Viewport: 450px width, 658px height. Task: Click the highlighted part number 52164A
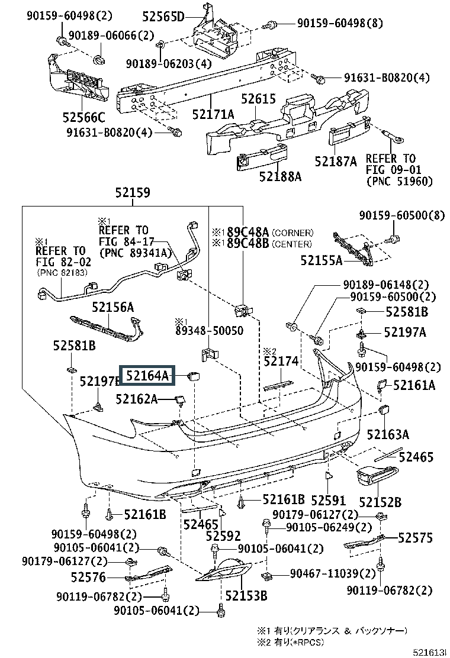click(147, 375)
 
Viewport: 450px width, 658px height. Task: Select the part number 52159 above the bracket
click(133, 193)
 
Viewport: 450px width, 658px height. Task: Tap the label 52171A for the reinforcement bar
click(213, 114)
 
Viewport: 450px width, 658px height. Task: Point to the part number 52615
click(258, 99)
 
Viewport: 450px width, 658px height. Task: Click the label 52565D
click(163, 17)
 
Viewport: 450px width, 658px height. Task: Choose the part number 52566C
click(84, 117)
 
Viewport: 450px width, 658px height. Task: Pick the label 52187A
click(336, 162)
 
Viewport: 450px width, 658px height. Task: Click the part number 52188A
click(281, 176)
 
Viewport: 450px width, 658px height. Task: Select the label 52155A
click(322, 260)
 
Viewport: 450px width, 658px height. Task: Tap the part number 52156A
click(113, 307)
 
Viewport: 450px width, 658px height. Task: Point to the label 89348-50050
click(209, 331)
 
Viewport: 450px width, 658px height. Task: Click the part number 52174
click(281, 361)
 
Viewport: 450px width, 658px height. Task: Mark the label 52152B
click(380, 502)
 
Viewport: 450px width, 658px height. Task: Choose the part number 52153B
click(246, 595)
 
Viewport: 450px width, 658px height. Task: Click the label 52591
click(328, 500)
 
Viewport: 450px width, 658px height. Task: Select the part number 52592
click(223, 536)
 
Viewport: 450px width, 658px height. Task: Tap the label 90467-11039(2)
click(332, 573)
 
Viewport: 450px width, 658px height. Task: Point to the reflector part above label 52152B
click(377, 476)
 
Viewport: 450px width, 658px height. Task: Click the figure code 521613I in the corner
click(429, 651)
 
